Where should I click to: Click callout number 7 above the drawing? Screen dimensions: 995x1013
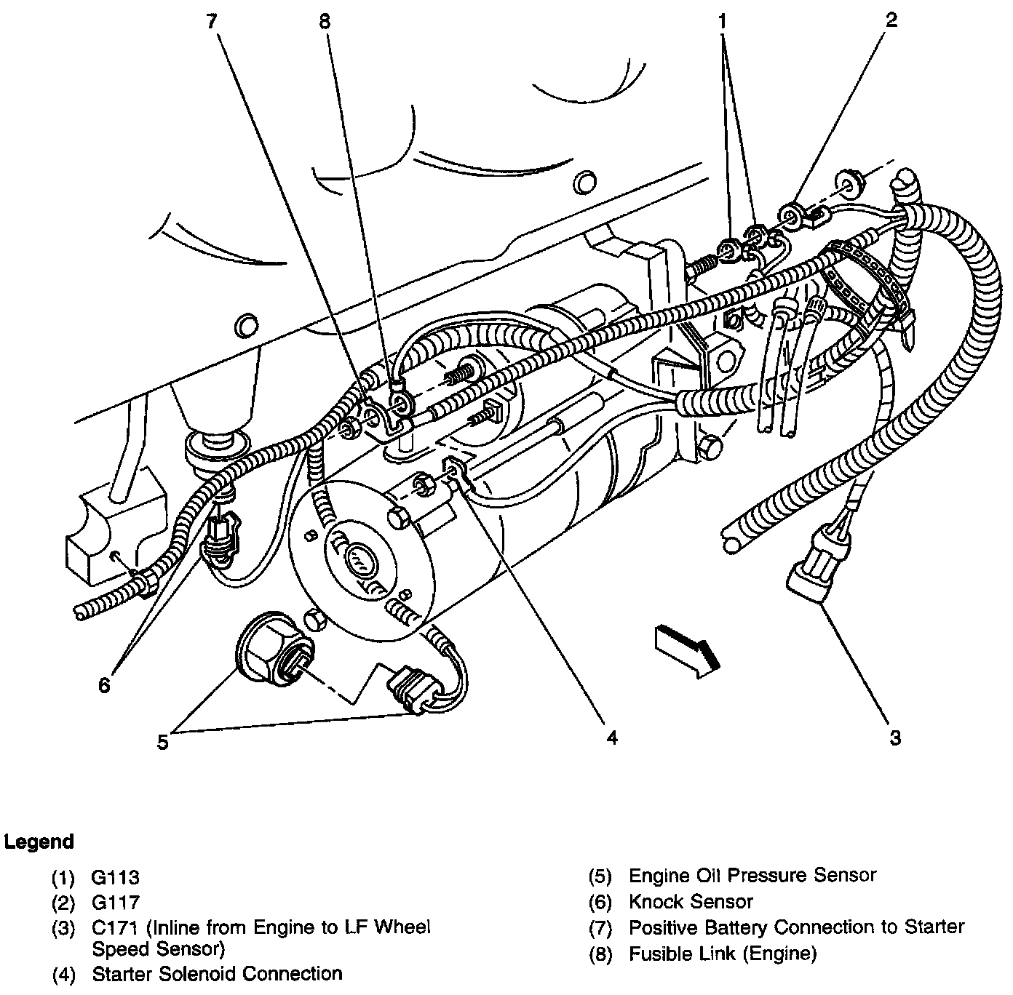211,21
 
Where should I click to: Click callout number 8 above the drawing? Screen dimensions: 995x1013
324,21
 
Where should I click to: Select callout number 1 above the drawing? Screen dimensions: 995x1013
723,21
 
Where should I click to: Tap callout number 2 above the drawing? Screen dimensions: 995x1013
891,20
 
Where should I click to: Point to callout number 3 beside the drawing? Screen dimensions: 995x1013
895,738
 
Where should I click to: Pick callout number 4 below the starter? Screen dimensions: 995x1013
612,738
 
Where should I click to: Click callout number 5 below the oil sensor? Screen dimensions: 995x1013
162,742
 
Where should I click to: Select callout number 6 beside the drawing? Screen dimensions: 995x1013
104,684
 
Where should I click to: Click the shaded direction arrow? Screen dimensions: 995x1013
688,649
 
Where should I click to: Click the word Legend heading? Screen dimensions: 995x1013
39,842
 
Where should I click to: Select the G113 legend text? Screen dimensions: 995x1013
116,878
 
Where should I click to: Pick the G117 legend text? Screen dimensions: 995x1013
116,903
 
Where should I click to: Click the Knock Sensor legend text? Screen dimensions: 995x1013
691,903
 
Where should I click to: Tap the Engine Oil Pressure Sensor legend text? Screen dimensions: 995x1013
752,876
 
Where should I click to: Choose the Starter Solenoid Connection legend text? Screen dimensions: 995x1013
217,973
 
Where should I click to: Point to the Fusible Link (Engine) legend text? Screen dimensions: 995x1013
723,953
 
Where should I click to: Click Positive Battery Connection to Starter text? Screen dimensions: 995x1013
796,927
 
